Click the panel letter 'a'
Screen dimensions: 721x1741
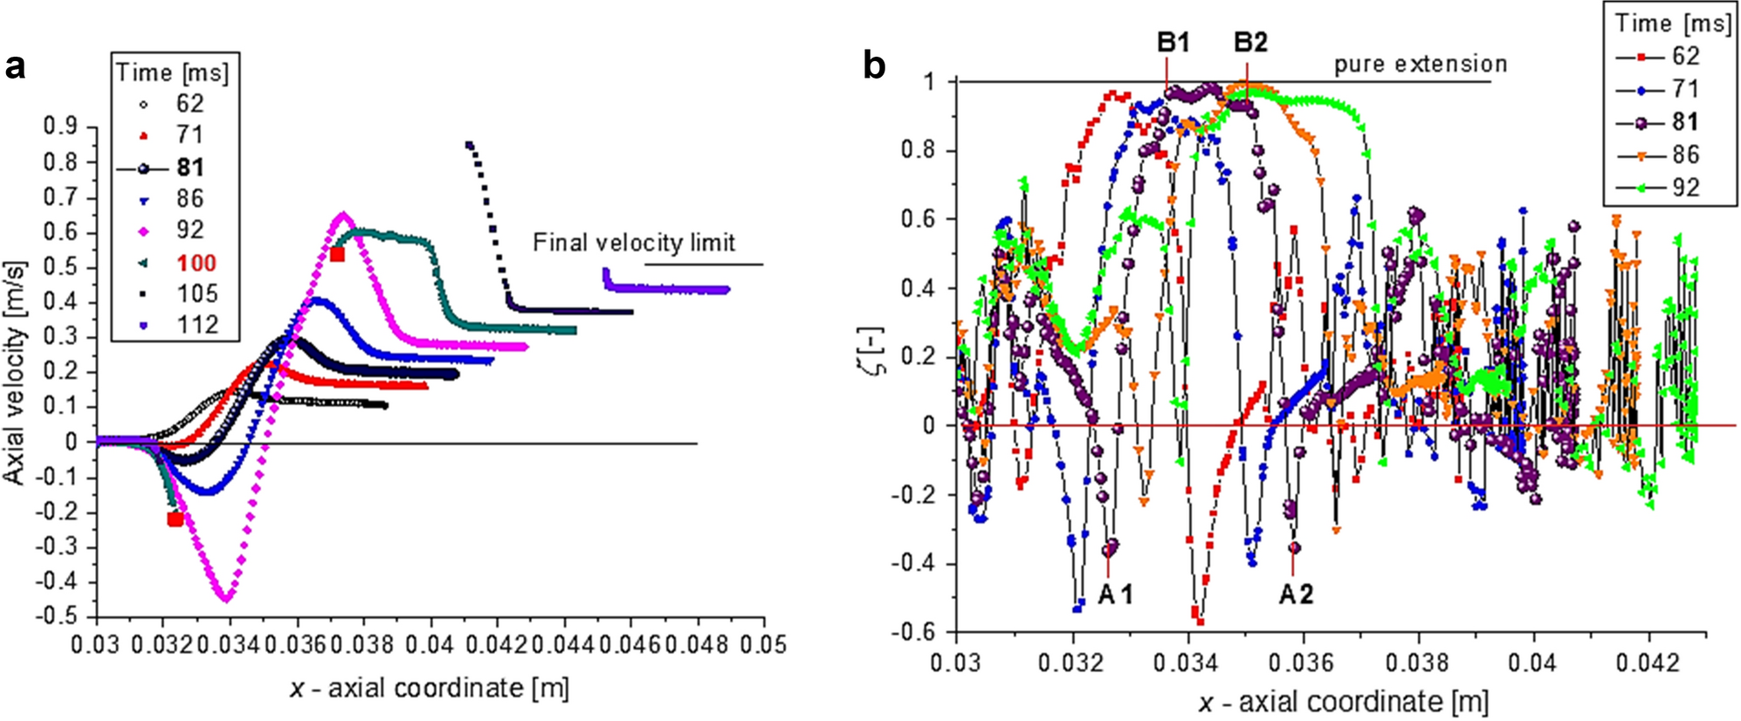[15, 66]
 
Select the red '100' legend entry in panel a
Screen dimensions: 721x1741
[196, 263]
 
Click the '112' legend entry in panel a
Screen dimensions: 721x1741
[196, 325]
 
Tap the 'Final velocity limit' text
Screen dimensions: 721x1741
[634, 243]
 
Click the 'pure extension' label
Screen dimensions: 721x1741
[1420, 64]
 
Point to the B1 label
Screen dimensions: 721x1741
[1173, 42]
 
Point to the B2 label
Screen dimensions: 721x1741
[1250, 42]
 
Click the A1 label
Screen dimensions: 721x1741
[1115, 594]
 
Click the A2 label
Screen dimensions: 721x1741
[1296, 594]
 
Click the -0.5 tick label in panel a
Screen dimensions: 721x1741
[56, 615]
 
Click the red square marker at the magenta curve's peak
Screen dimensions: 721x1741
[338, 254]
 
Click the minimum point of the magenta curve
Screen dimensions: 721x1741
[226, 598]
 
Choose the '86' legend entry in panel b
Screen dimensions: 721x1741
[1684, 154]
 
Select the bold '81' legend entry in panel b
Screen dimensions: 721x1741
[1684, 122]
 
